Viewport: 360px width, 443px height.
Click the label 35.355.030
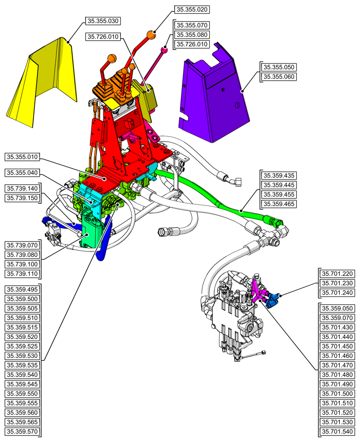click(x=103, y=21)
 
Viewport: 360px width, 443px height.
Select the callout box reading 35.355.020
click(x=192, y=9)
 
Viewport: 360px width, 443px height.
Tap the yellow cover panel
click(x=44, y=84)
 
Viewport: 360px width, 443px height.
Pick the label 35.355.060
click(x=279, y=77)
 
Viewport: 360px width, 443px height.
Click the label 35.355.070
click(x=192, y=25)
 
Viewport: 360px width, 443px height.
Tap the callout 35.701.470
click(x=337, y=365)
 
